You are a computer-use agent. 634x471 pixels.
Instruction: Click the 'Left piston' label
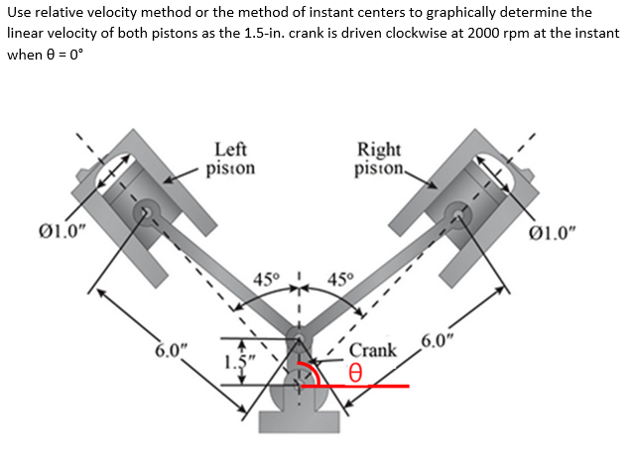230,159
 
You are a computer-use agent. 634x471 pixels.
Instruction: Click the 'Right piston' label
378,159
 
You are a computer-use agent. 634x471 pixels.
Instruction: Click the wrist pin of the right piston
457,211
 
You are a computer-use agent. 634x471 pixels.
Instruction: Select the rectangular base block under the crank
299,421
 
